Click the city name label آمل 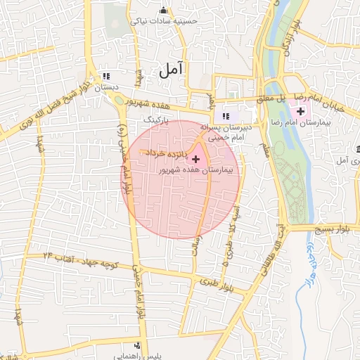click(171, 69)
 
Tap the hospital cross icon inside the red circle click(195, 160)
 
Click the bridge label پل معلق click(287, 101)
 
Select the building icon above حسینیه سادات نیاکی click(164, 11)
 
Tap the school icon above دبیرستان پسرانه click(226, 117)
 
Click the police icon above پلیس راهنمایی click(137, 346)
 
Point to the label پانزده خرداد click(166, 153)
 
